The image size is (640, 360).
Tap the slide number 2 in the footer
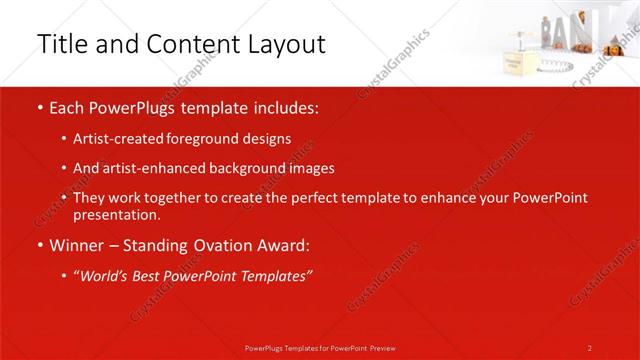click(590, 347)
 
